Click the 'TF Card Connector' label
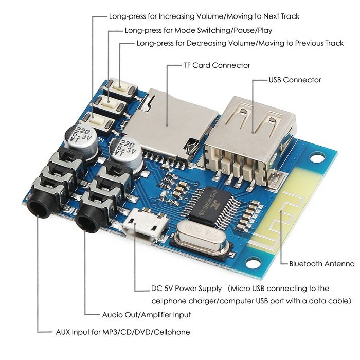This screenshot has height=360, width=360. (217, 65)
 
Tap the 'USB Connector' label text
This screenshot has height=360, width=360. (295, 80)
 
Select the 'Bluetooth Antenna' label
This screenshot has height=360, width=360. (321, 263)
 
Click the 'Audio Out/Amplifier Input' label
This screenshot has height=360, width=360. (147, 315)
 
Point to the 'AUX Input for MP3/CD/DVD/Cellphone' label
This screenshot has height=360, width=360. (123, 332)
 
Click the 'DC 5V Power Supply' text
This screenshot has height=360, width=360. (186, 289)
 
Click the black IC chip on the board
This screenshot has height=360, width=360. (212, 206)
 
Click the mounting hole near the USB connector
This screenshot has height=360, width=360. (317, 157)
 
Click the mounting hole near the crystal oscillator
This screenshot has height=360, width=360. (253, 262)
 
